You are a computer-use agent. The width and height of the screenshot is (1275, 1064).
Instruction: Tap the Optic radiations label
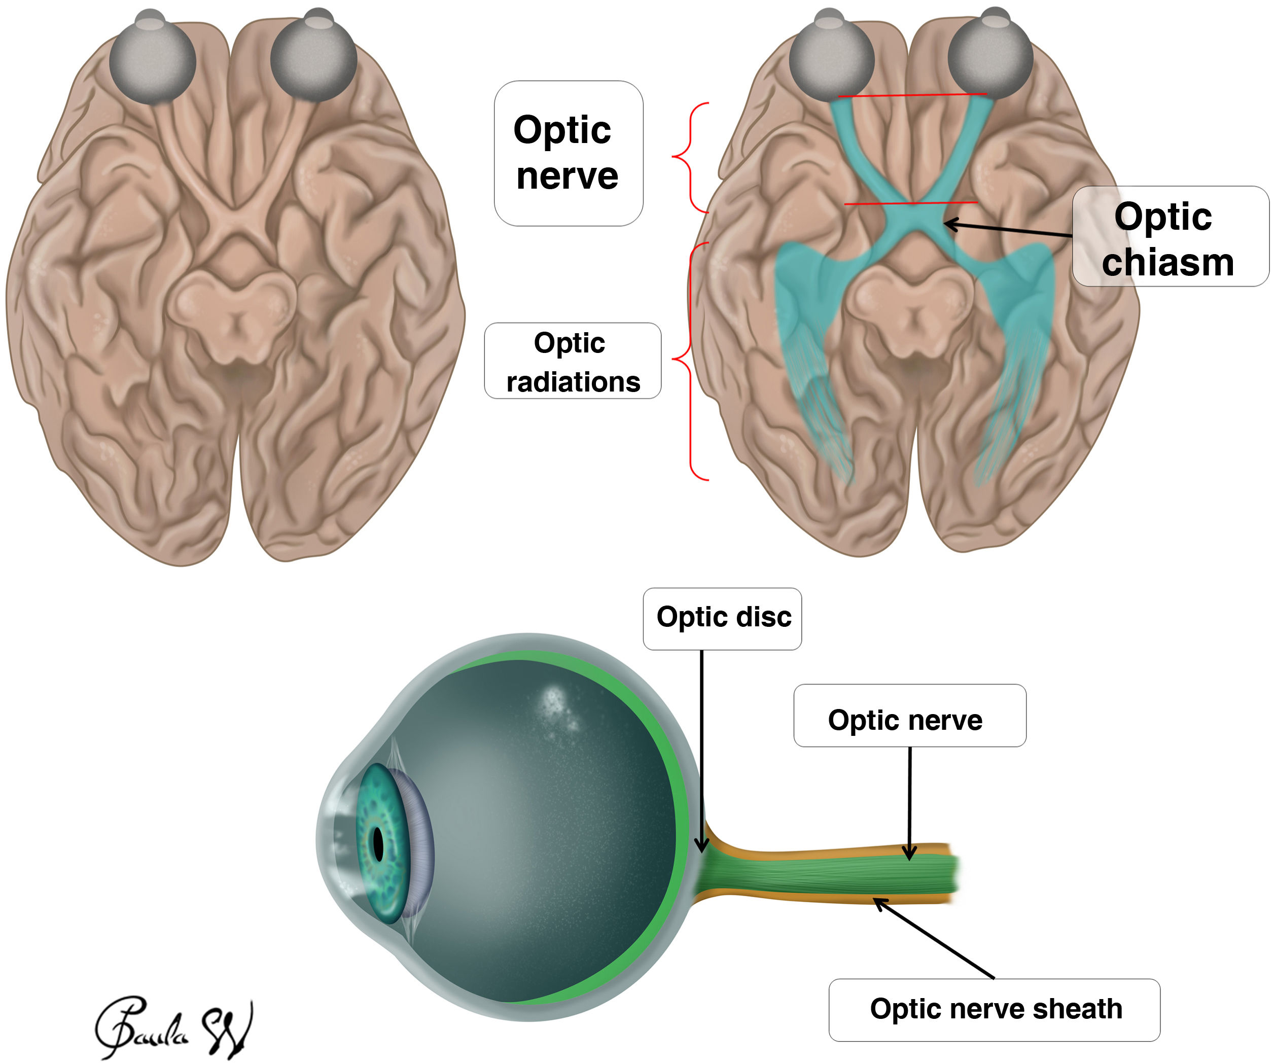click(573, 362)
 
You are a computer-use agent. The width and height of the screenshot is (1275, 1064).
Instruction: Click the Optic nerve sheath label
click(995, 1009)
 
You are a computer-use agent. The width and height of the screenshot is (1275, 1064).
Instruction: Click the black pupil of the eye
click(378, 844)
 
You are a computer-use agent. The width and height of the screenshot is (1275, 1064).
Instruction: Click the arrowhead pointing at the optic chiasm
click(949, 225)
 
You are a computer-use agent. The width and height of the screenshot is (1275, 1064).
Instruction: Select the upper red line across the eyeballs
click(912, 95)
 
